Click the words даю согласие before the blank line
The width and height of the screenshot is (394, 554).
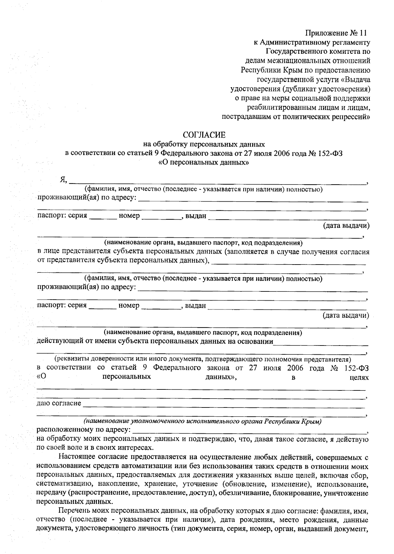tap(59, 403)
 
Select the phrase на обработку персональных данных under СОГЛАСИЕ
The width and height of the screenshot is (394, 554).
tap(204, 144)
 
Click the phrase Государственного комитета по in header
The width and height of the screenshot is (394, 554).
tap(318, 51)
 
